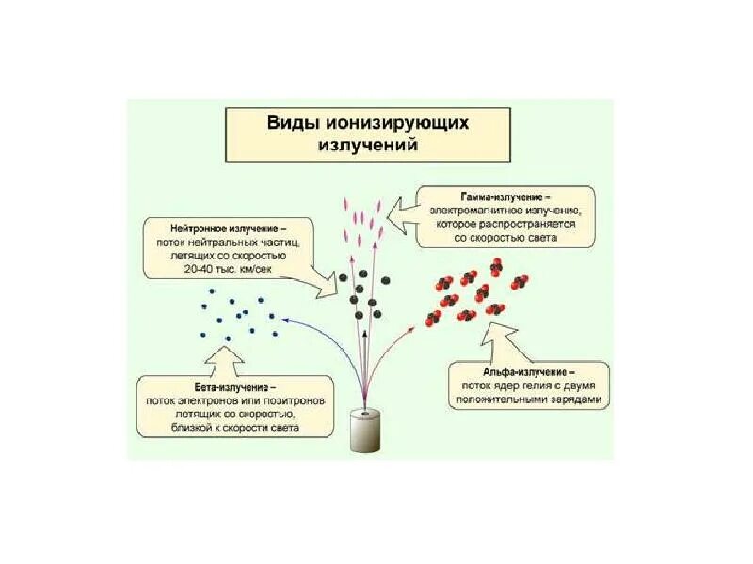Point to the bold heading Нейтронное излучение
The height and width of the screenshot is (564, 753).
click(x=228, y=227)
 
